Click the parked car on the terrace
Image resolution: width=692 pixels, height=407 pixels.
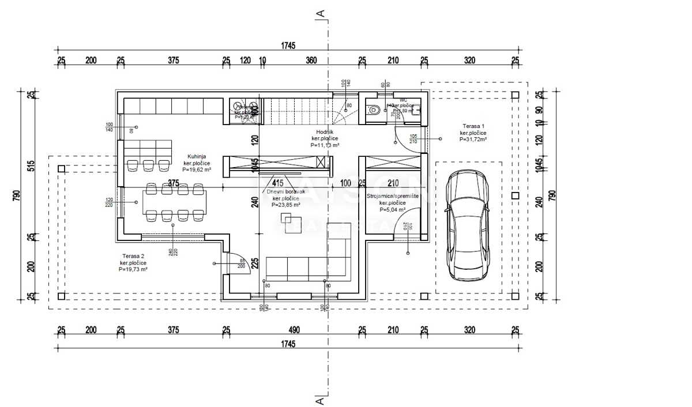[468, 225]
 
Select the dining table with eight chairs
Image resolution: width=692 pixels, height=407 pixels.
[174, 202]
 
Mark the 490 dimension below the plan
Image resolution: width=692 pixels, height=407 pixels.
[294, 330]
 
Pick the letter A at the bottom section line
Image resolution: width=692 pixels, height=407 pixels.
[318, 398]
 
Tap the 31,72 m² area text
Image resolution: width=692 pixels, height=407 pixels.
[473, 140]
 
